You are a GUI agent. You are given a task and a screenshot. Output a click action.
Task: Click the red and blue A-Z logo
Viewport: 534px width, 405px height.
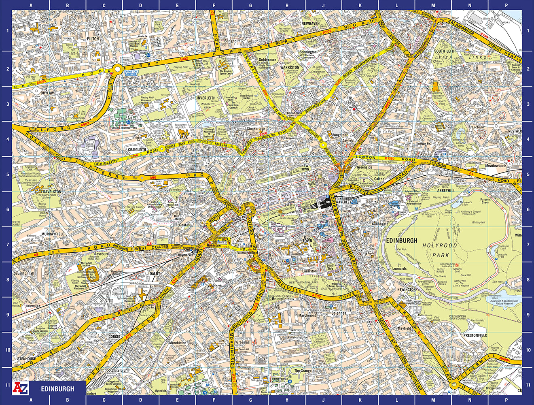point(20,388)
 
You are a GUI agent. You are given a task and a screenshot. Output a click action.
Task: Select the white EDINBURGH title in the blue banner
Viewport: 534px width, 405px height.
point(57,389)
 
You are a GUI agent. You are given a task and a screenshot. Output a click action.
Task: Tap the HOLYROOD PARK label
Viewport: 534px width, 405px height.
point(440,250)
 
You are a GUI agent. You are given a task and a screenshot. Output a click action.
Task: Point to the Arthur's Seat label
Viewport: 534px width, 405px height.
point(457,269)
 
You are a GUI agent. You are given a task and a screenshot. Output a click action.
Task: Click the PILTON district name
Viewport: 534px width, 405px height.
point(93,39)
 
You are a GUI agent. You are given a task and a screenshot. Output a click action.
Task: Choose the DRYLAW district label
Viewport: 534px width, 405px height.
point(47,93)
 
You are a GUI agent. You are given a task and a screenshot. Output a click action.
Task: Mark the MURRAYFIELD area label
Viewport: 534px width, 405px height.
point(53,234)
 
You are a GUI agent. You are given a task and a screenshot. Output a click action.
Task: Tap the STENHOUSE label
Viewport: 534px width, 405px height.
point(26,359)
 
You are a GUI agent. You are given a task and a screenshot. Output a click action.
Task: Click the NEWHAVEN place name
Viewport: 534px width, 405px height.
point(310,24)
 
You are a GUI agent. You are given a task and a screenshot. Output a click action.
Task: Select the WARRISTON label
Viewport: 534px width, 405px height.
point(290,68)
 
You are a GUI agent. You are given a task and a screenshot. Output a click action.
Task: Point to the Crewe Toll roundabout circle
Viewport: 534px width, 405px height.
point(118,69)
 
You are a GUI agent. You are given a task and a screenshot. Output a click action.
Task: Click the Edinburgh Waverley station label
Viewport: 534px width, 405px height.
point(344,201)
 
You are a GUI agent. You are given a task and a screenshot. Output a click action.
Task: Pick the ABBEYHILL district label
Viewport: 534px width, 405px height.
point(446,190)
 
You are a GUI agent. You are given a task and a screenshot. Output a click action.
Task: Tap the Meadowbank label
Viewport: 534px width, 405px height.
point(496,166)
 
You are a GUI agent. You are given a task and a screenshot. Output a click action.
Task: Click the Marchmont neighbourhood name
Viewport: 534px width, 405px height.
point(307,315)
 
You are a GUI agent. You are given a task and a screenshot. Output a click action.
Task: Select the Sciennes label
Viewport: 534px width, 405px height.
point(339,313)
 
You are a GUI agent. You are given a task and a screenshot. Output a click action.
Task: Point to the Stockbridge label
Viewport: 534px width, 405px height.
point(256,129)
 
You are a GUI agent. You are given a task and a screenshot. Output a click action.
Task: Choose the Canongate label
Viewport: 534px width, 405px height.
point(380,224)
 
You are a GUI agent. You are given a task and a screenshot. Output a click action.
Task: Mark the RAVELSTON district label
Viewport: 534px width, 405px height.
point(52,192)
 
